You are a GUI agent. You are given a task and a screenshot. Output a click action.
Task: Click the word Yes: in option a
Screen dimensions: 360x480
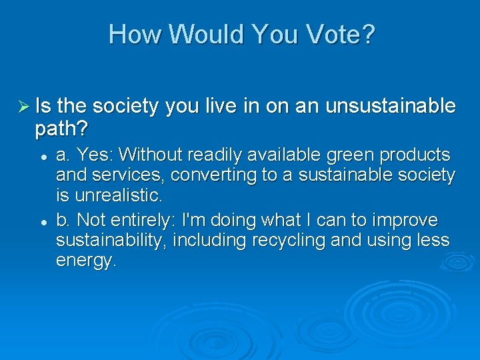(97, 155)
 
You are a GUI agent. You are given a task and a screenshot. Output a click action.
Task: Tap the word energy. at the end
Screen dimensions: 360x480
(86, 261)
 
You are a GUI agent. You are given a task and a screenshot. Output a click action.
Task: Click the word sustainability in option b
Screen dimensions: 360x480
(111, 241)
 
